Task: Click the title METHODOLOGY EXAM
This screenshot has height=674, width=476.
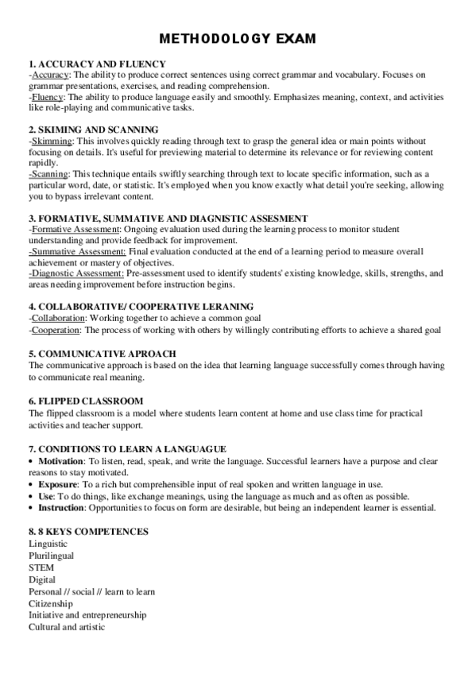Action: pyautogui.click(x=238, y=38)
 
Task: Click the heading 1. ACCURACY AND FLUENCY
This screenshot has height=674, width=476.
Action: pyautogui.click(x=97, y=64)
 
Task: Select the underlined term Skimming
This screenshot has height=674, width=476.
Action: pyautogui.click(x=52, y=140)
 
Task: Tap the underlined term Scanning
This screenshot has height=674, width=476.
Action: pyautogui.click(x=50, y=173)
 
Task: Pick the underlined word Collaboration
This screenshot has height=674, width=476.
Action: pyautogui.click(x=58, y=318)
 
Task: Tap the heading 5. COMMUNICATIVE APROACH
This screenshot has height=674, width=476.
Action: pyautogui.click(x=102, y=353)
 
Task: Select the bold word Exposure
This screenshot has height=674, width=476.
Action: pyautogui.click(x=57, y=483)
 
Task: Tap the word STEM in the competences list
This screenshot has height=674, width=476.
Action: pyautogui.click(x=41, y=568)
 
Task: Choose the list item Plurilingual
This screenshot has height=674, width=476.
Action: pyautogui.click(x=51, y=556)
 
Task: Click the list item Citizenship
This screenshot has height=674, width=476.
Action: pyautogui.click(x=51, y=603)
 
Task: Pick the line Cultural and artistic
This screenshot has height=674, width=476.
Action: pyautogui.click(x=67, y=626)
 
